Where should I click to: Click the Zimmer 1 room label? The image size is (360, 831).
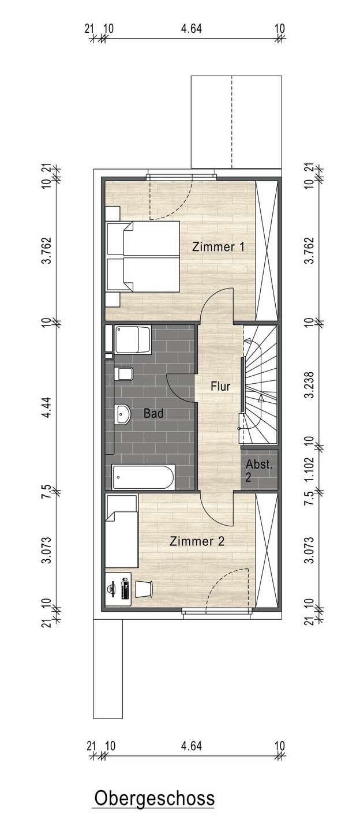pos(219,247)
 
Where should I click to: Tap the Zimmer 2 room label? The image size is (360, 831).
pos(197,541)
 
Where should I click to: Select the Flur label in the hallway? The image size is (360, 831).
pos(220,386)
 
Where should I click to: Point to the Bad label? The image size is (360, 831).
pos(153,413)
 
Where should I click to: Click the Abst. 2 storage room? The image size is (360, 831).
pos(259,470)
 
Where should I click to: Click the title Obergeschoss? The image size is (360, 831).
pos(154,798)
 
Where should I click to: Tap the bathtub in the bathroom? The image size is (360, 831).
pos(142,477)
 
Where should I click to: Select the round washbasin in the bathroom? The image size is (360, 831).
pos(122,414)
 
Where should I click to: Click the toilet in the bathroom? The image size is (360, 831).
pos(124,375)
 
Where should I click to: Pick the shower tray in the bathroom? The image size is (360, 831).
pos(133,340)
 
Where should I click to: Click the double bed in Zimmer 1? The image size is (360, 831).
pos(142,257)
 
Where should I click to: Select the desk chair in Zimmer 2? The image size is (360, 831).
pos(144,589)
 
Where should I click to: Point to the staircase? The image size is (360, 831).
pos(260,384)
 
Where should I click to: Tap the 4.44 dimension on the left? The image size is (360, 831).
pos(47,407)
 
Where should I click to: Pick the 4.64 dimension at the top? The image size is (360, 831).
pos(192,29)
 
